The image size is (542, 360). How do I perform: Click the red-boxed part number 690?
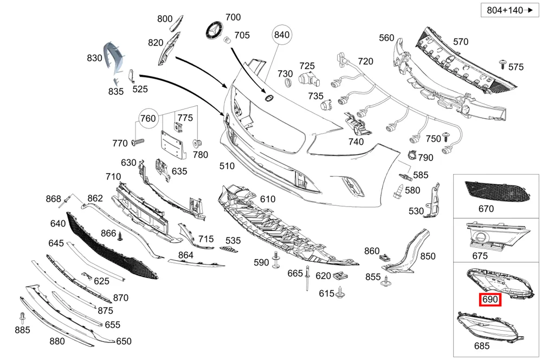[x=490, y=299]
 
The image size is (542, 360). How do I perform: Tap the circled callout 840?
[x=282, y=35]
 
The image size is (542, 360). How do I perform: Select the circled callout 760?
[x=148, y=118]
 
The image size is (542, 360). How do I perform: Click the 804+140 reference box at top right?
[x=509, y=10]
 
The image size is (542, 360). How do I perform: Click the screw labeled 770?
[x=138, y=142]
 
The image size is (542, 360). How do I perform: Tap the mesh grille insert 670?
[x=497, y=191]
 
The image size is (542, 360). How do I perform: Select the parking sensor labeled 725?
[x=309, y=79]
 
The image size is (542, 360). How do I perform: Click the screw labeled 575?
[x=502, y=65]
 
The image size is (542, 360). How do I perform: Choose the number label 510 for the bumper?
[x=227, y=166]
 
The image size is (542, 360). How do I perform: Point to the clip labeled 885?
[x=22, y=318]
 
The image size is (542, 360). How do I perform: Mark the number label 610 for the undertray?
[x=268, y=199]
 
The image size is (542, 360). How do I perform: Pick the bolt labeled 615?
[x=340, y=293]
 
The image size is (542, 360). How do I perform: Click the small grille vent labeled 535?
[x=229, y=249]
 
